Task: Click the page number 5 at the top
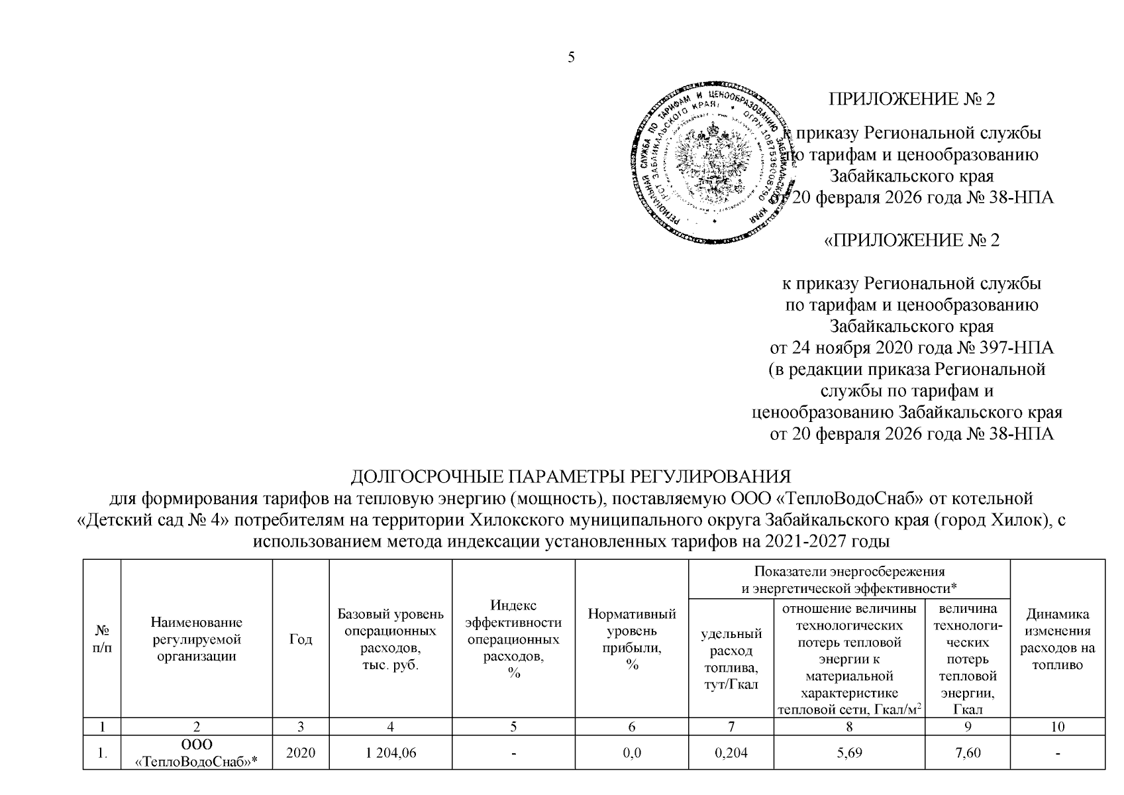click(x=571, y=57)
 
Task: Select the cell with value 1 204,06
click(x=390, y=753)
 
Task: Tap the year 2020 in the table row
click(x=301, y=753)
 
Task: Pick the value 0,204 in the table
click(x=731, y=753)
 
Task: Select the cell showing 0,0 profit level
click(x=632, y=753)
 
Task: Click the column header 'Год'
click(x=301, y=639)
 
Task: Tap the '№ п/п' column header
click(x=102, y=639)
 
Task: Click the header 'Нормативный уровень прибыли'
click(x=632, y=639)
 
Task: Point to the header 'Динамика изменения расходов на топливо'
click(x=1058, y=639)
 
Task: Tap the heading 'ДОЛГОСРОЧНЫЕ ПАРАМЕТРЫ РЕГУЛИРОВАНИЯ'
click(x=570, y=478)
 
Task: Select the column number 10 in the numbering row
click(x=1058, y=727)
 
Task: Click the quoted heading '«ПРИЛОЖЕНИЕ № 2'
click(x=911, y=240)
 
